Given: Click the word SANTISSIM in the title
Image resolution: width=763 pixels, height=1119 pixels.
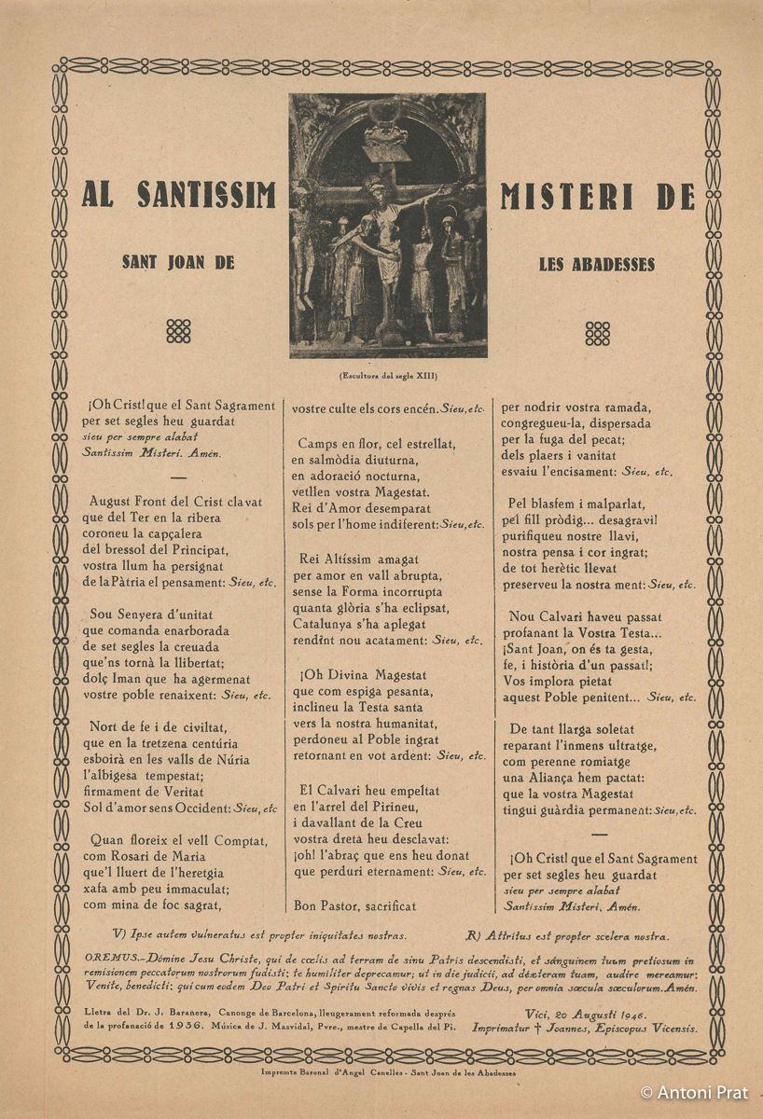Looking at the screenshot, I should pos(207,195).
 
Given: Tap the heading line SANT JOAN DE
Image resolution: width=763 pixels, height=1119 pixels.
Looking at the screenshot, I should pos(178,263).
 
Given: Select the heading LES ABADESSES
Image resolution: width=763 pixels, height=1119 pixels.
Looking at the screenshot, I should pos(597,264).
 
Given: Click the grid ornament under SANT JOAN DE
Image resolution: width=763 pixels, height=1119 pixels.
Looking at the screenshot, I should pos(178,332).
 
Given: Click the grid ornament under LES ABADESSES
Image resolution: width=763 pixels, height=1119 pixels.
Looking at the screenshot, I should pos(597,333).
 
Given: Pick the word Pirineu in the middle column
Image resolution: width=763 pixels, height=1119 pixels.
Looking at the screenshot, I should pos(395,807).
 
